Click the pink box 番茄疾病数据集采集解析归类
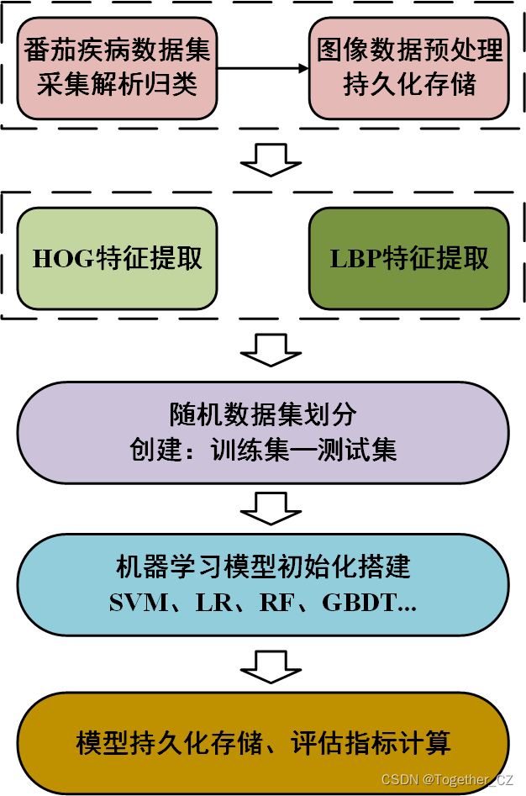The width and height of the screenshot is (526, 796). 117,67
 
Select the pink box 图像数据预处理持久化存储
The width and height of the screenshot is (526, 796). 410,67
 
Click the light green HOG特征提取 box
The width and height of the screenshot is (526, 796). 117,258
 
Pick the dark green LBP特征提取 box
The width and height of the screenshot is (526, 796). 409,258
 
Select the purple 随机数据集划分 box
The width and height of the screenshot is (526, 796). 263,432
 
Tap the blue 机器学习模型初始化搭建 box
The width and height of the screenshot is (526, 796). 263,583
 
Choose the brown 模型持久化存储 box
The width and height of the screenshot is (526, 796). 263,742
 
